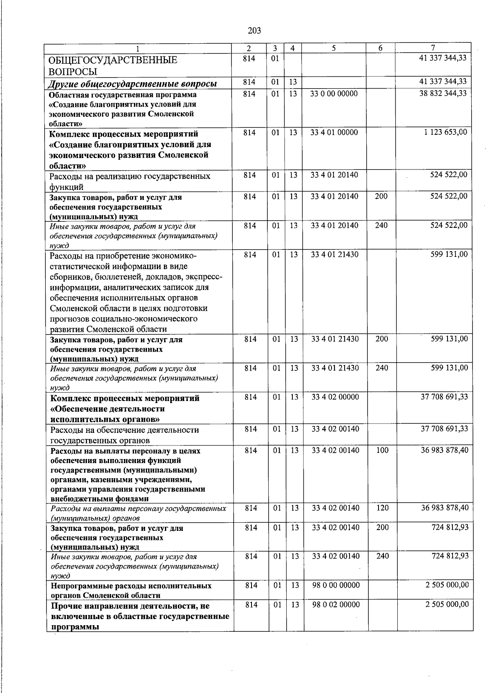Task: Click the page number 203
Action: pos(254,30)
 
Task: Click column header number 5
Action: pos(334,48)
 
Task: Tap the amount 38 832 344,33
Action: pos(443,94)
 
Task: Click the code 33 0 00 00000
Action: pos(334,94)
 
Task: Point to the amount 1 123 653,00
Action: pos(445,132)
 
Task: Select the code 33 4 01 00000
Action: pos(334,132)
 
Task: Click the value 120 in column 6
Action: pos(382,508)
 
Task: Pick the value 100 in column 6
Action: pos(382,450)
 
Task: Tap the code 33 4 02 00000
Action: pos(335,397)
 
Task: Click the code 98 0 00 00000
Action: pos(336,585)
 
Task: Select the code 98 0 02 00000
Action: pos(336,604)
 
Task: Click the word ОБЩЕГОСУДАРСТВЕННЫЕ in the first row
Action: pos(113,60)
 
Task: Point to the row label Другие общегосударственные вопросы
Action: pos(132,84)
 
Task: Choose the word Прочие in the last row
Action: pos(67,606)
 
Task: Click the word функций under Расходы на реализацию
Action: pos(66,187)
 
